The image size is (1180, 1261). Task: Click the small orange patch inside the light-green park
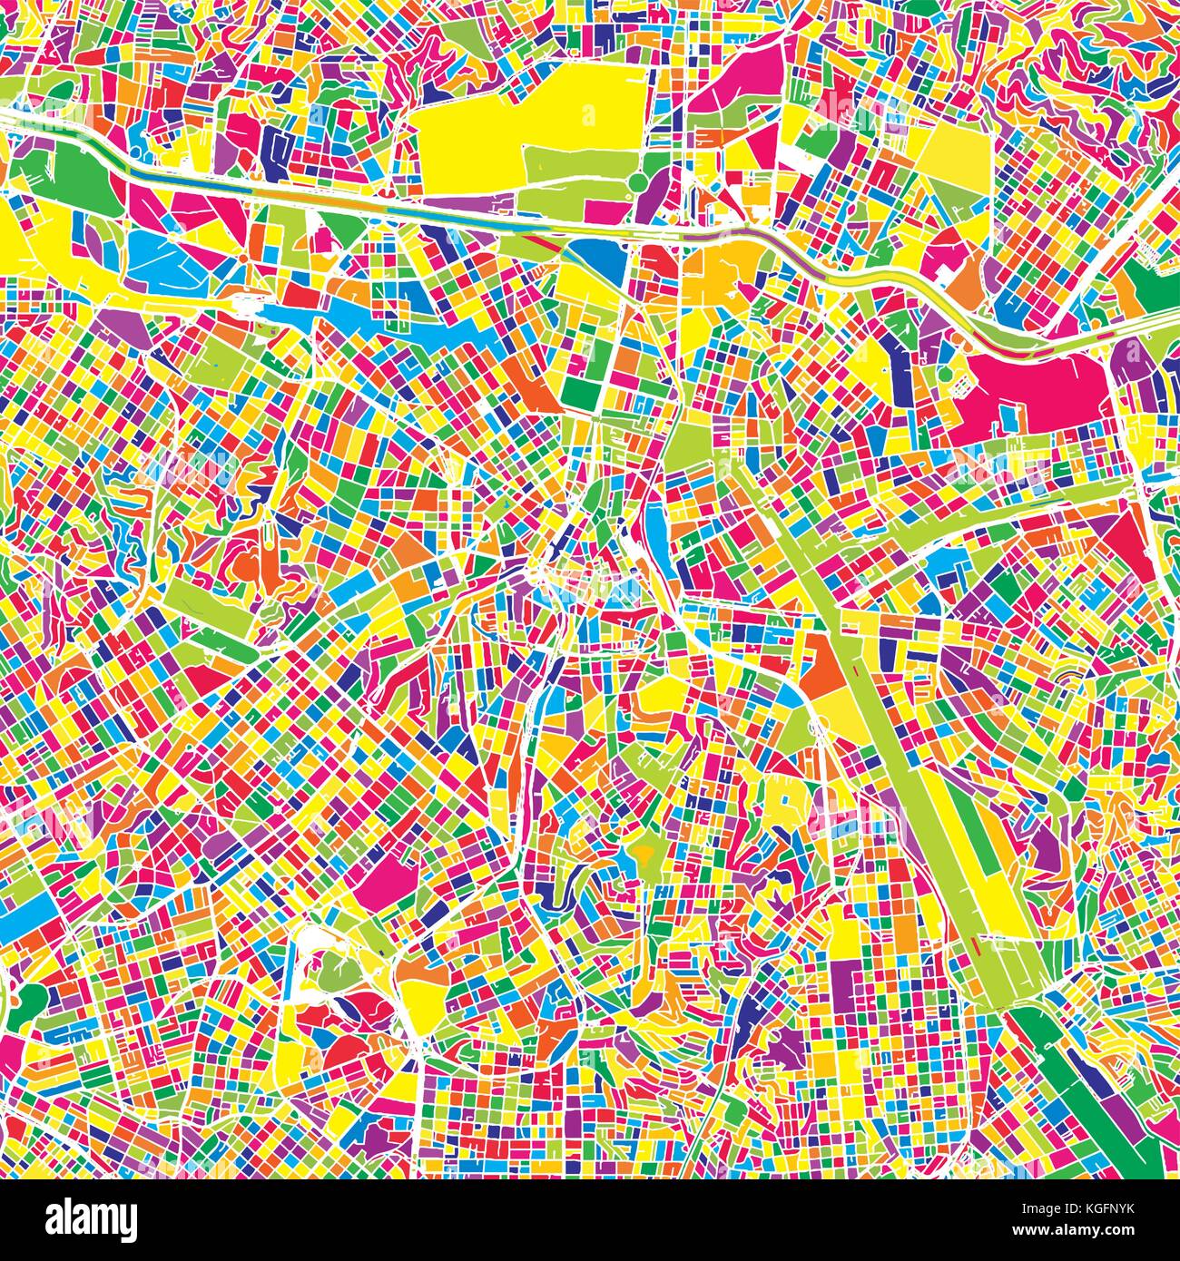coord(643,851)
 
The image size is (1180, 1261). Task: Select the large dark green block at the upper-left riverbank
coord(77,177)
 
